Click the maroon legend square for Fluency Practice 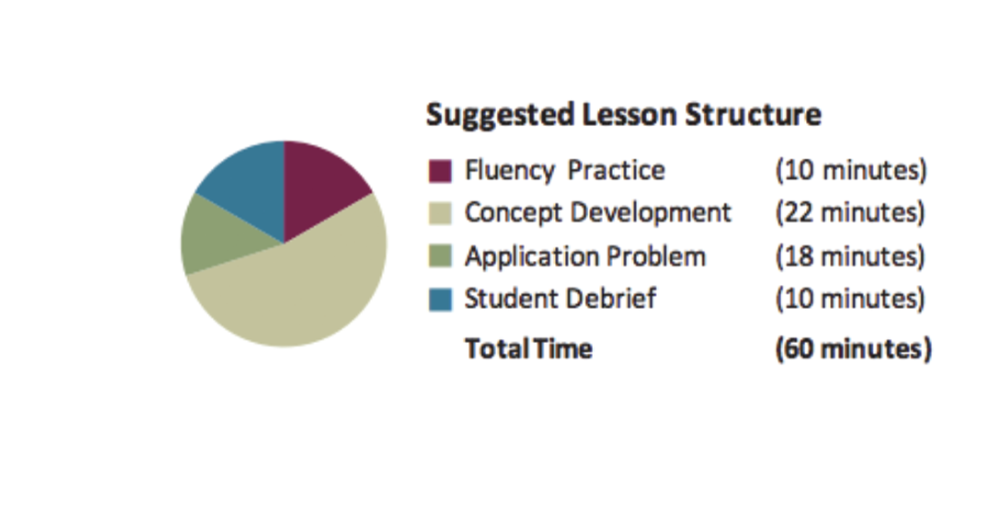point(441,172)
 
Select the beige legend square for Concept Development point(441,214)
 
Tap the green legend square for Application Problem point(441,257)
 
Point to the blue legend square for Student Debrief point(441,299)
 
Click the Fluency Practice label point(564,171)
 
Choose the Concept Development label point(597,213)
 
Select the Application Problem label point(585,256)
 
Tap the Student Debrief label point(560,298)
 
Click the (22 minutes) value point(850,213)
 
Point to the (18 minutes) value point(850,256)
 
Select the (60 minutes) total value point(853,349)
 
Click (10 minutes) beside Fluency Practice point(851,171)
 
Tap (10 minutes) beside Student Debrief point(850,298)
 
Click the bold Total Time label point(528,349)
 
